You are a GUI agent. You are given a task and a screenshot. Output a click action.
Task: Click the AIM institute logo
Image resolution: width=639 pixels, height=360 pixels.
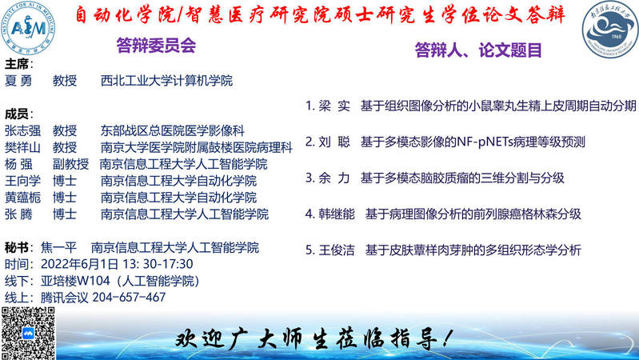(x=28, y=28)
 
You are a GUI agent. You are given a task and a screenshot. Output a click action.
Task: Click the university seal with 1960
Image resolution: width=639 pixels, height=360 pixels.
(x=610, y=29)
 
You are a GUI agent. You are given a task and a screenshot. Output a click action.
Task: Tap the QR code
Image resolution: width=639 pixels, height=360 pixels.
(x=28, y=333)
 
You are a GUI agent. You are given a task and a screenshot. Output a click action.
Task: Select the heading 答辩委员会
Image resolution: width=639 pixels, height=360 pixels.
(x=156, y=46)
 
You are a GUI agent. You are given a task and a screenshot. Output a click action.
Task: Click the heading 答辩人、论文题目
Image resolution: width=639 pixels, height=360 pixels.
(x=478, y=50)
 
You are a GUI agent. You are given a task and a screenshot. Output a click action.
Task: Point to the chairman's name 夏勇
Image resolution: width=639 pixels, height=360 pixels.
(x=18, y=81)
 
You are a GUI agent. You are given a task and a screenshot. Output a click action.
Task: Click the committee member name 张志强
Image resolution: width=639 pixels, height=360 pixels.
(x=23, y=131)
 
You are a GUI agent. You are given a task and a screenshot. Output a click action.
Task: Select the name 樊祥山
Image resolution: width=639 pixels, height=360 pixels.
(x=23, y=147)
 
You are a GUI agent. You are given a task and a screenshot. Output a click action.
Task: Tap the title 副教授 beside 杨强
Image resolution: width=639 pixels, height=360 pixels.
(x=70, y=164)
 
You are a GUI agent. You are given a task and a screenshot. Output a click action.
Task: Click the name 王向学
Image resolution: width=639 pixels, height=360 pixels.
(x=23, y=181)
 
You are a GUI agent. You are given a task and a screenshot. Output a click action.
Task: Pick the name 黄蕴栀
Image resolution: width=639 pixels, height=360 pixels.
(x=23, y=198)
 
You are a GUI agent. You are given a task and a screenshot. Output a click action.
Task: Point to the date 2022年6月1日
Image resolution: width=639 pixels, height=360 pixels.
(x=79, y=264)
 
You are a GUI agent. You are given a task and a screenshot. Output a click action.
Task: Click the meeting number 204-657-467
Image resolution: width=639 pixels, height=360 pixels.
(x=129, y=298)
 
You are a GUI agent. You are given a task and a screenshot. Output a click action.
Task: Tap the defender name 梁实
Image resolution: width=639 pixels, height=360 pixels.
(x=334, y=106)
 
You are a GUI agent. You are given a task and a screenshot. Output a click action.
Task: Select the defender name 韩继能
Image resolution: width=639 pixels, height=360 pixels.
(x=337, y=214)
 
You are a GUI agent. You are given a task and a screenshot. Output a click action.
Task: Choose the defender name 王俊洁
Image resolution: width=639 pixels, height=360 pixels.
(x=337, y=250)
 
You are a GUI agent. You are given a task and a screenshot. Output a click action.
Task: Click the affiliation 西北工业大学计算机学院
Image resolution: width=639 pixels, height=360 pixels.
(x=166, y=81)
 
